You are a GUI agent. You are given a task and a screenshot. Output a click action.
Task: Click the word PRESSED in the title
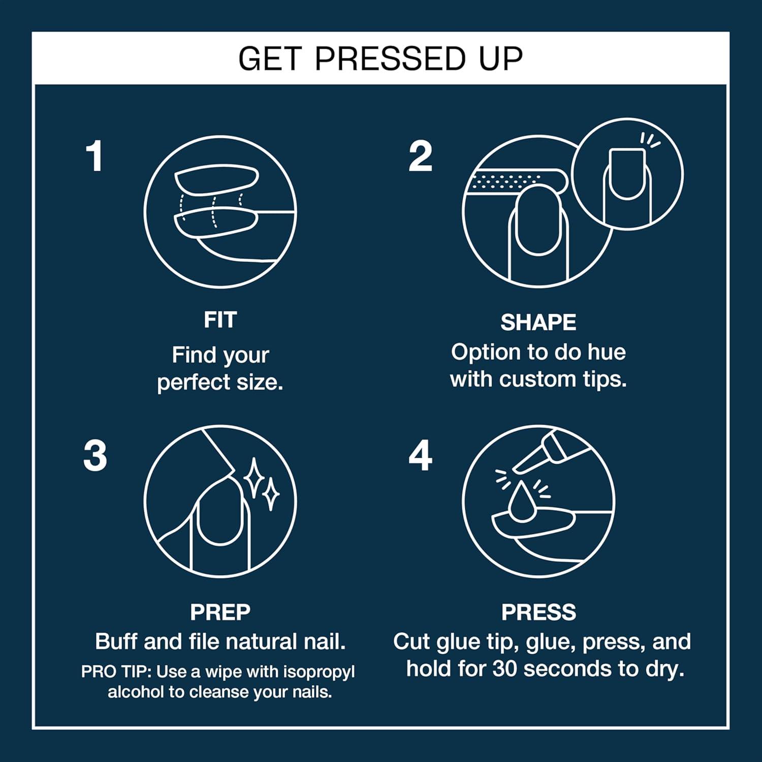point(390,59)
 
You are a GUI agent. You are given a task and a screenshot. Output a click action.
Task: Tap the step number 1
point(94,156)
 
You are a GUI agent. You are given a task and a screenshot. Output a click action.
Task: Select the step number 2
point(420,156)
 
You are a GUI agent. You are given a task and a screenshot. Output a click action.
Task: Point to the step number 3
point(95,456)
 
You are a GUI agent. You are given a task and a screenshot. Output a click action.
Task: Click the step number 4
point(420,456)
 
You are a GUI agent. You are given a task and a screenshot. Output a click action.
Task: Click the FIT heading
point(220,320)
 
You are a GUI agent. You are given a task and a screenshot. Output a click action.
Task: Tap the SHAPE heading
point(538,323)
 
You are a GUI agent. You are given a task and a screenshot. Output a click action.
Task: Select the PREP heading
point(220,612)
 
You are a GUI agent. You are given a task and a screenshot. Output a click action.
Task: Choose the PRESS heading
point(538,612)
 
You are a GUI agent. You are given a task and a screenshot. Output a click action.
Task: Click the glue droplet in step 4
point(521,503)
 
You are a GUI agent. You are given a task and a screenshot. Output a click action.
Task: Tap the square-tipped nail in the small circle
point(627,173)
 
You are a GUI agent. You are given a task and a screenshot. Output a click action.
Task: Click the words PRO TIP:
point(116,672)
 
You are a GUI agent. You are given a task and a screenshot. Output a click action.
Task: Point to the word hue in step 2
point(607,352)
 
